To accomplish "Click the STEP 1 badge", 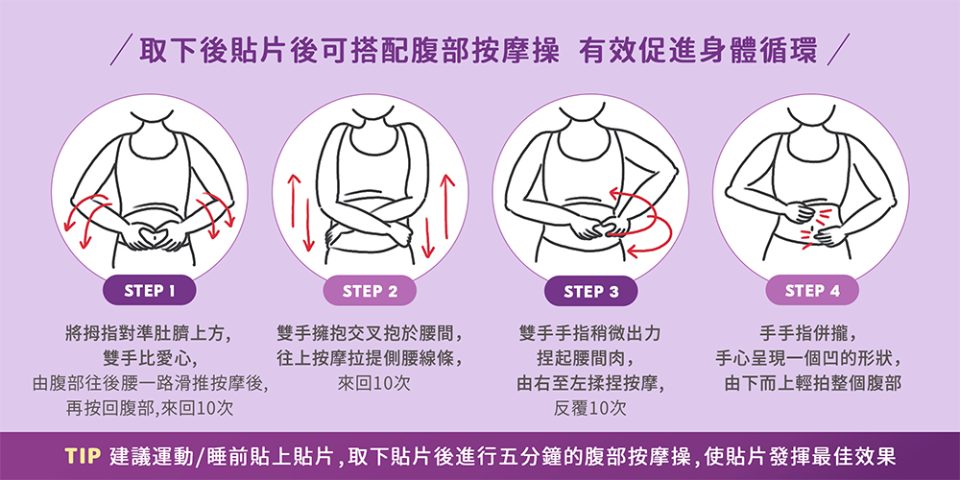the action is [x=150, y=290].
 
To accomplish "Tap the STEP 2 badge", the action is [x=370, y=290].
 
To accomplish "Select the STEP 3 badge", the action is [x=590, y=290].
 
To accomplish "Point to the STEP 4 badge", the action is [x=812, y=290].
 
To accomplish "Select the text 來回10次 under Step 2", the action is [x=374, y=383].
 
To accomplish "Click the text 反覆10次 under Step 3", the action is [x=590, y=408].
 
